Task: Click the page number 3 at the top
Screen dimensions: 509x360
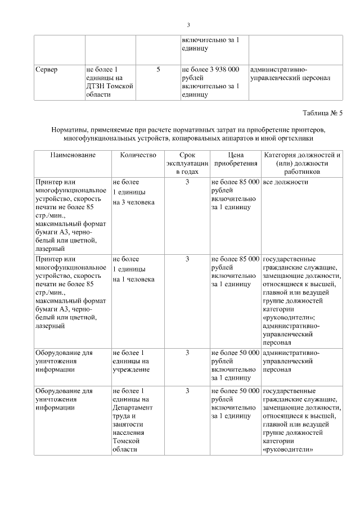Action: pyautogui.click(x=188, y=25)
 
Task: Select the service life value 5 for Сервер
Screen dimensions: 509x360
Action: pyautogui.click(x=158, y=69)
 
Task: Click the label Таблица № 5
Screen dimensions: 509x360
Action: pyautogui.click(x=322, y=113)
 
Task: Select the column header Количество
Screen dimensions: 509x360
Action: pyautogui.click(x=134, y=155)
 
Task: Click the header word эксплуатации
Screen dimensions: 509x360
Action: pyautogui.click(x=187, y=163)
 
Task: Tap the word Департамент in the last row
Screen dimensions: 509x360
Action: pyautogui.click(x=132, y=408)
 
